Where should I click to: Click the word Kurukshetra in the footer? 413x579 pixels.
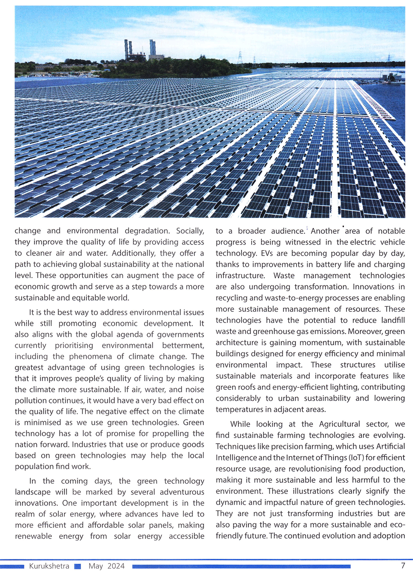click(49, 566)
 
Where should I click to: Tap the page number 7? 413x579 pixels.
click(403, 565)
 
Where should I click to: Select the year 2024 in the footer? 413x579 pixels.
click(116, 566)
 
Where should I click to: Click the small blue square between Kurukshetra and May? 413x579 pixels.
click(77, 567)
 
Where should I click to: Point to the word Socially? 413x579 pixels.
click(190, 231)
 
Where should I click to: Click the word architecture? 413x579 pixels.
click(236, 342)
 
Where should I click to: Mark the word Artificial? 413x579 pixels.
click(386, 446)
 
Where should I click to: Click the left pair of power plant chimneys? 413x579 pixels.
click(128, 49)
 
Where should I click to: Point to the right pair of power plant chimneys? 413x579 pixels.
click(152, 47)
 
